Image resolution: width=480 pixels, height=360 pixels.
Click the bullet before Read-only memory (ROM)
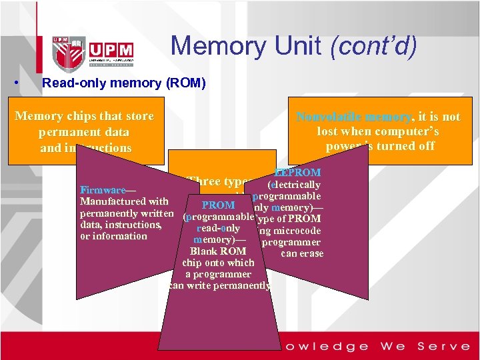pos(15,84)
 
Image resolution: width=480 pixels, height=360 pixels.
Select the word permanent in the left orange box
pos(69,132)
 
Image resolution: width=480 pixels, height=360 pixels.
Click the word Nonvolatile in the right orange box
pos(329,117)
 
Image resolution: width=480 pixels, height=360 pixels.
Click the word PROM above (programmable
pos(218,205)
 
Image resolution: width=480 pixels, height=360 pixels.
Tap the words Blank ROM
pos(218,251)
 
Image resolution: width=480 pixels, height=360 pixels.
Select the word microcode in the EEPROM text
pos(297,231)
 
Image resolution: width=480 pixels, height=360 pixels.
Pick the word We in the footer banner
pos(393,346)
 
